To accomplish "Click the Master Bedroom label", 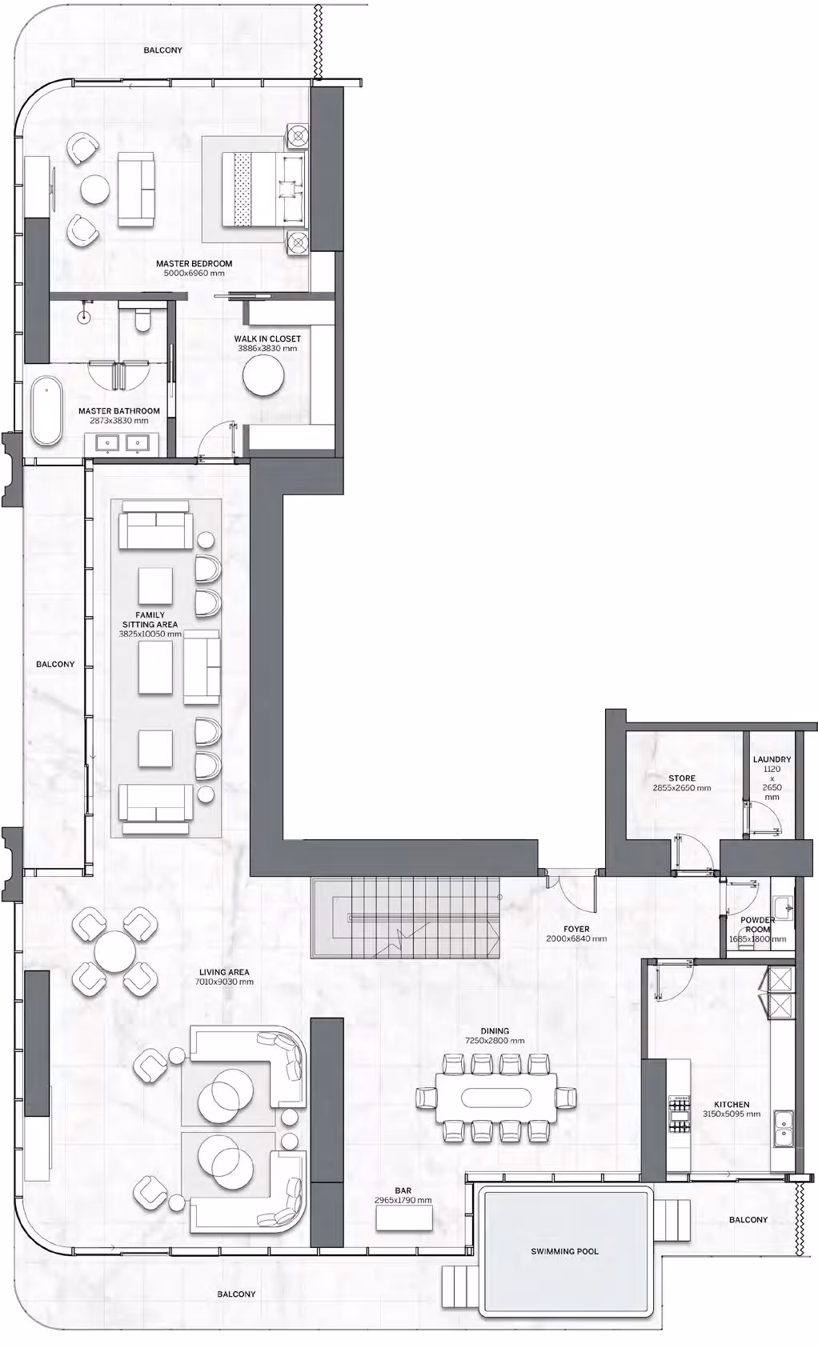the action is pos(194,263).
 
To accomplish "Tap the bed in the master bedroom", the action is pos(263,189).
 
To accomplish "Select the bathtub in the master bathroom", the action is pos(46,411).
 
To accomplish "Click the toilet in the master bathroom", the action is pos(142,319).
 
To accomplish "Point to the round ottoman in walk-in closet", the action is pos(263,376).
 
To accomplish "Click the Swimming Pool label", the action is pos(564,1251).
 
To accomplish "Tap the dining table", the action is pos(496,1097).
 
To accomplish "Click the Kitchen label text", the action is pos(732,1104).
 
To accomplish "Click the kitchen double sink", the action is pos(783,1128).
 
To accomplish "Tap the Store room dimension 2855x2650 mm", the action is pos(682,788).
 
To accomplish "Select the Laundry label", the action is pos(772,759).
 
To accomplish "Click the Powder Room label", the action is pos(758,924).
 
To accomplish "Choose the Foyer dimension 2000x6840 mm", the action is pos(576,938).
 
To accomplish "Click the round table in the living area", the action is pos(115,951).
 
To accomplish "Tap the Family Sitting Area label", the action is pos(150,620).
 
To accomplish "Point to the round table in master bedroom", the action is pos(95,189).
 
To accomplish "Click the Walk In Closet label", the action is pos(267,339).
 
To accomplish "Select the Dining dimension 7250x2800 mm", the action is pos(495,1041).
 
